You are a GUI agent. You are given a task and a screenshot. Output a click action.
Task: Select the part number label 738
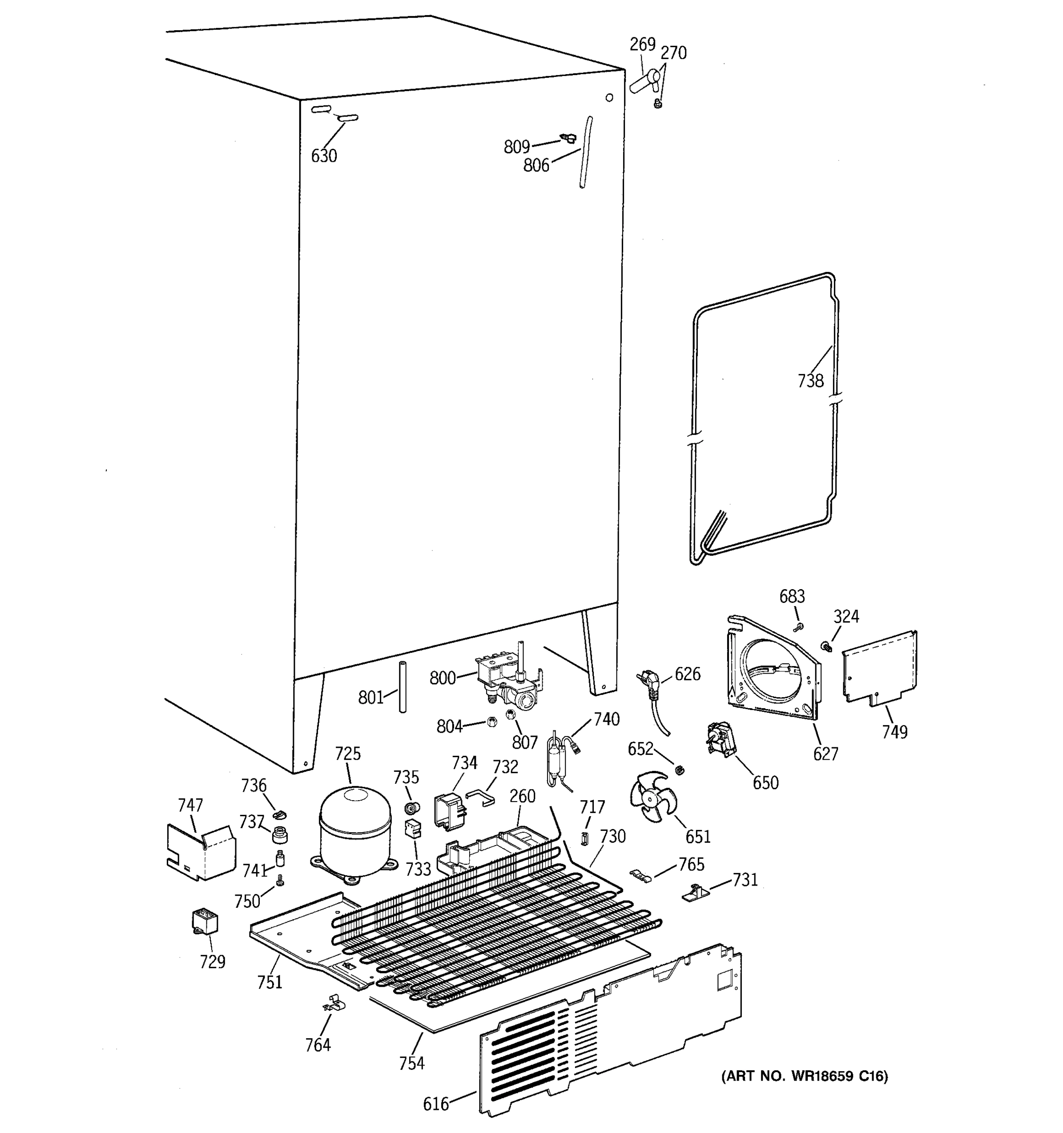click(810, 380)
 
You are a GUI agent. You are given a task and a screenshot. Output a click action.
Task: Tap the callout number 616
click(436, 1104)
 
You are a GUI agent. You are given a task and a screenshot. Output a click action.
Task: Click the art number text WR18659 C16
click(805, 1076)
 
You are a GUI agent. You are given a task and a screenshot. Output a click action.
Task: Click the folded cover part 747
click(200, 850)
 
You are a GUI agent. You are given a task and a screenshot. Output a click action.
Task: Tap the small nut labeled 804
click(493, 721)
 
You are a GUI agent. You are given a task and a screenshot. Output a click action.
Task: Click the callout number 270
click(674, 53)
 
